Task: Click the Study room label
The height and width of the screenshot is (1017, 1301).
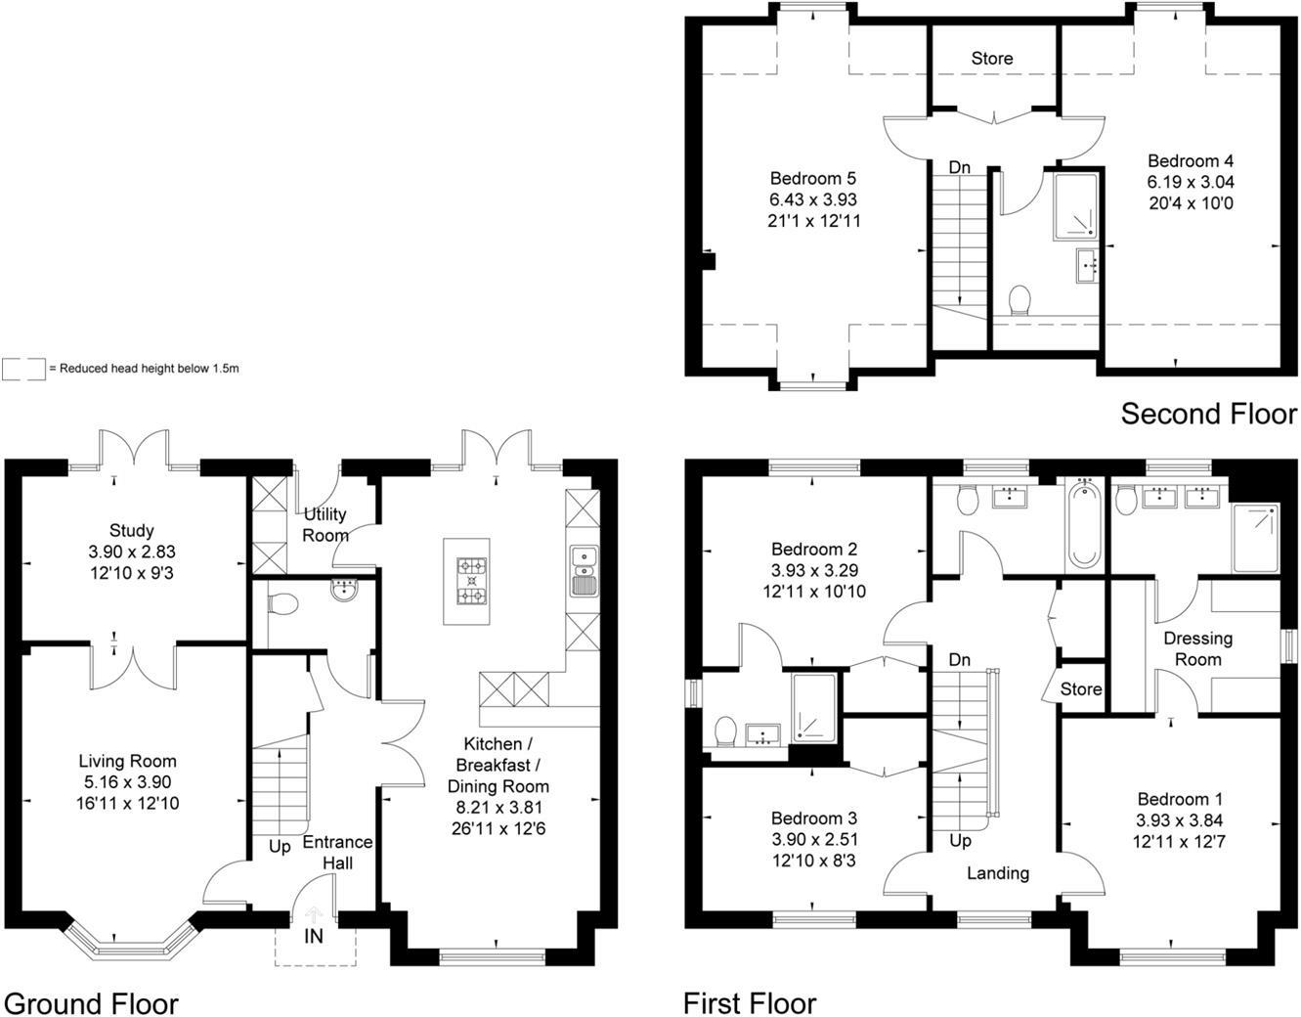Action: coord(131,530)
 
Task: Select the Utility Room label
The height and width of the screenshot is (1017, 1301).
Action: coord(325,525)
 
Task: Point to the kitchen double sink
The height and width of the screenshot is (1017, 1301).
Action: coord(584,570)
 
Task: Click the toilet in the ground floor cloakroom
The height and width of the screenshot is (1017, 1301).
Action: coord(282,604)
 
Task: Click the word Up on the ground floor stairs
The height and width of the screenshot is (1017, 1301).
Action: coord(280,847)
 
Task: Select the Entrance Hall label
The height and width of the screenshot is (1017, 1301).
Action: coord(337,853)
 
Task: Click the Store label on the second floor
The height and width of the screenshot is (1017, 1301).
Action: coord(992,59)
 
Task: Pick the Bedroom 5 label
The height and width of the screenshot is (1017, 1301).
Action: coord(813,178)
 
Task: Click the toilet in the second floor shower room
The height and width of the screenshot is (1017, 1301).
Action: coord(1019,298)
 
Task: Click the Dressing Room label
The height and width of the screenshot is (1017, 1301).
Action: coord(1197,648)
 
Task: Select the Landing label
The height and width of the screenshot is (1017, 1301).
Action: coord(998,872)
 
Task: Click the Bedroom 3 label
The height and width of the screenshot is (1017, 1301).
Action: coord(813,818)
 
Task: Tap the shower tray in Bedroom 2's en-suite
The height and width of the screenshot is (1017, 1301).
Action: coord(813,704)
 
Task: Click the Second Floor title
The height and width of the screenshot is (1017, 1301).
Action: coord(1208,414)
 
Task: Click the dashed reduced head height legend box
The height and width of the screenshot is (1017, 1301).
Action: coord(23,369)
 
